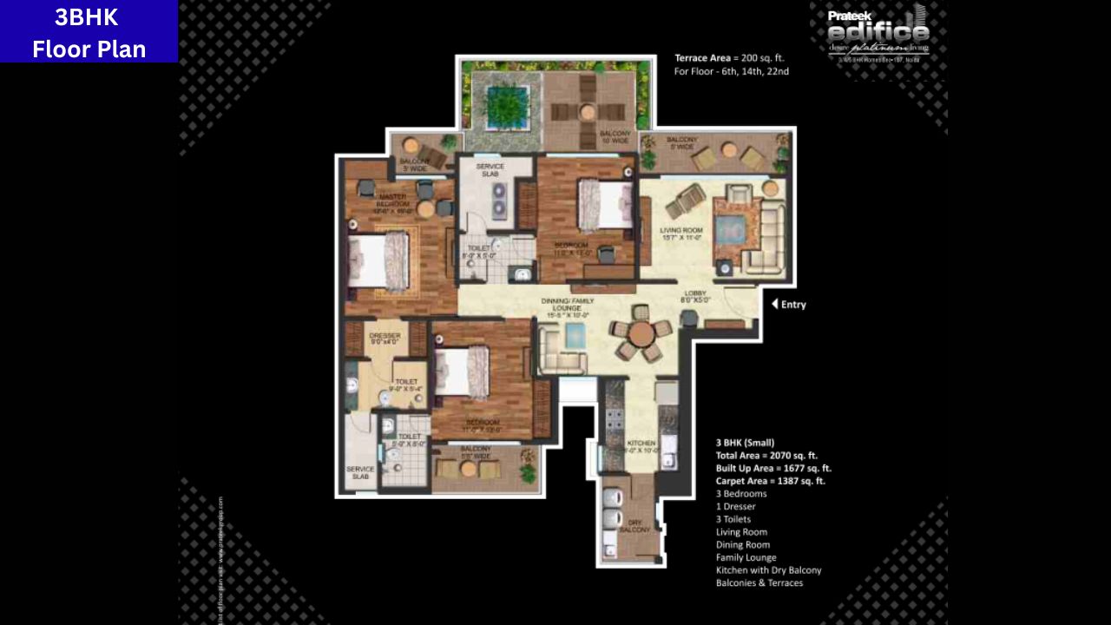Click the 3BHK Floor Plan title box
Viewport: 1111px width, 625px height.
[x=89, y=31]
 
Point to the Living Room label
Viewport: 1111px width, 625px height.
[x=681, y=234]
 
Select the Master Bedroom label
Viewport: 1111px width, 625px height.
[x=392, y=201]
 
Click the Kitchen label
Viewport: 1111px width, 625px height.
[x=642, y=446]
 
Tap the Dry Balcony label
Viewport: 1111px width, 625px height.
[x=634, y=526]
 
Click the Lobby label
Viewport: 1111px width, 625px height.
[x=696, y=296]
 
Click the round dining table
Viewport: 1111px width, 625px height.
[x=641, y=333]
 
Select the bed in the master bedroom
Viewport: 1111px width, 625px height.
[x=378, y=260]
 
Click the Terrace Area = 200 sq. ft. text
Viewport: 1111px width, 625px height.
[x=729, y=58]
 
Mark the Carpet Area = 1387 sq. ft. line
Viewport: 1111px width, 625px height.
[x=770, y=480]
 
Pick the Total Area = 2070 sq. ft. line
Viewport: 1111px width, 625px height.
[x=766, y=455]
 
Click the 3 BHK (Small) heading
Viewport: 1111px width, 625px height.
[x=745, y=442]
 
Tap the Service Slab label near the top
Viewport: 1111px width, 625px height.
[x=490, y=171]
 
